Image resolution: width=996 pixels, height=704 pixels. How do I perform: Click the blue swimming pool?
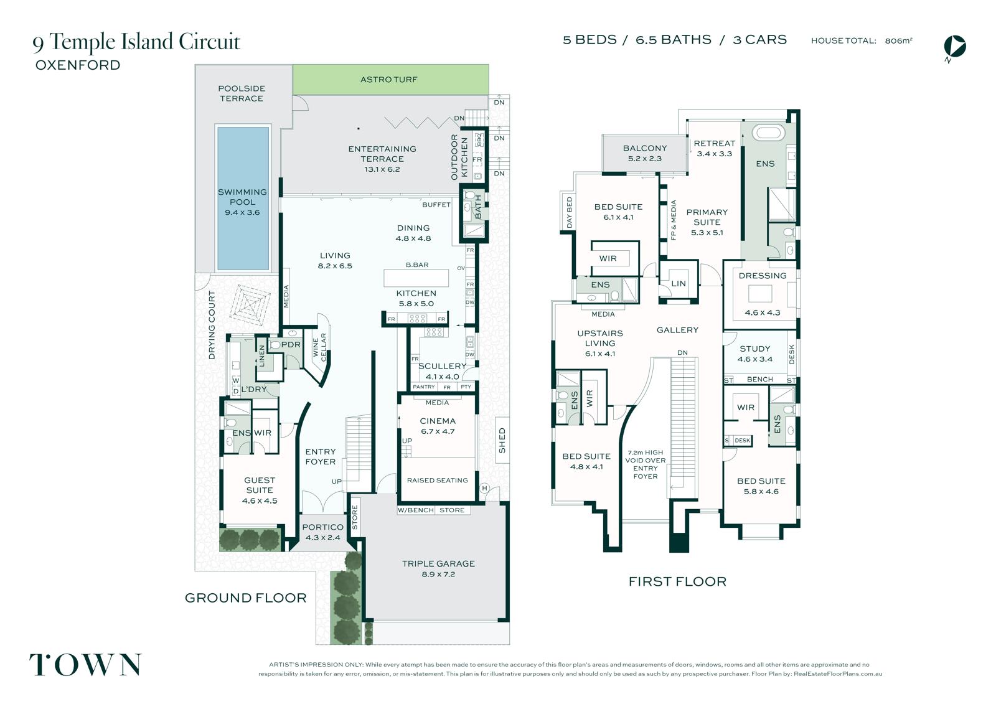pos(243,199)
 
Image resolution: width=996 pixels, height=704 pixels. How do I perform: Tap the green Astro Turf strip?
pos(390,79)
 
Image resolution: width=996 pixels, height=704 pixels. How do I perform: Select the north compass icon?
pos(954,48)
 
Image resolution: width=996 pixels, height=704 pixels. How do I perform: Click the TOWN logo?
pos(85,664)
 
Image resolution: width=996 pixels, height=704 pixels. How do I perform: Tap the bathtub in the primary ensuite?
pos(768,133)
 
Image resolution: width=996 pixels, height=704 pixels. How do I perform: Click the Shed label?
pos(502,440)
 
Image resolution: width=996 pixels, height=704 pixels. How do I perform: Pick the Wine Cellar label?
pos(319,347)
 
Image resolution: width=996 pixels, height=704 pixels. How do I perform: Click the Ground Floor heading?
pos(245,598)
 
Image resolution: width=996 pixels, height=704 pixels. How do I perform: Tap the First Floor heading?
pos(677,581)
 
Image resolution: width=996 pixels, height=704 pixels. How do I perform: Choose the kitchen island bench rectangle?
pos(416,278)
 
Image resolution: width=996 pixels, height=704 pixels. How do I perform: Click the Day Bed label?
pos(569,213)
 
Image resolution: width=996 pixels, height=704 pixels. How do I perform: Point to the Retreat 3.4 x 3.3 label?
pos(714,149)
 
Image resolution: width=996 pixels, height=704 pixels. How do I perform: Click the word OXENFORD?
pos(78,65)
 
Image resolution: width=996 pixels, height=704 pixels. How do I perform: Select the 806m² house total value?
pos(899,40)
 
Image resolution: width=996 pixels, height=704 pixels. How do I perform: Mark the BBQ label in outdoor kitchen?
pos(479,140)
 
